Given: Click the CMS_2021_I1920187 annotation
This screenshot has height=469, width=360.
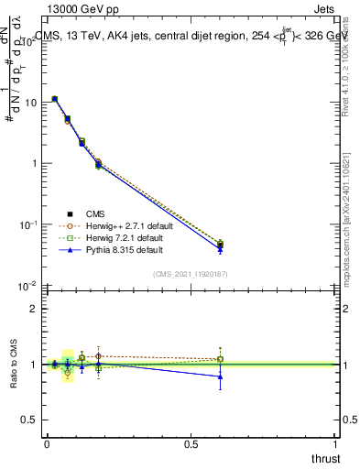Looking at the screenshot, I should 189,273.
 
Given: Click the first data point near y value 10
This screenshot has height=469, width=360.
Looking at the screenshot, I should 55,99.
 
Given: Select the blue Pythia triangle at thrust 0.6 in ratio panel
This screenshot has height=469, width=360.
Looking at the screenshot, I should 220,376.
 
